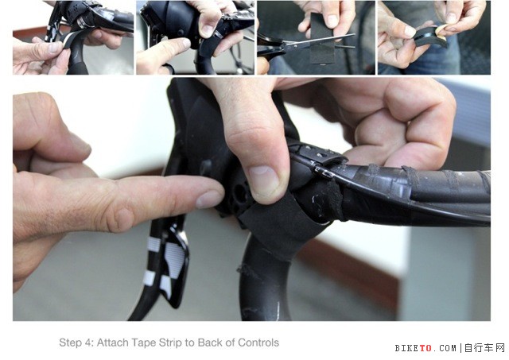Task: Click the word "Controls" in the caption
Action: point(258,343)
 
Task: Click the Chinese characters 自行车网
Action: point(484,348)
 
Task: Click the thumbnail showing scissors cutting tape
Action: point(316,37)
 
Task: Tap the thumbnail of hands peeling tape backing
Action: point(434,37)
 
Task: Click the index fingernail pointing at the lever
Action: point(209,199)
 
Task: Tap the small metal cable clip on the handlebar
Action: point(323,172)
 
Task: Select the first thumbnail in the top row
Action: point(73,37)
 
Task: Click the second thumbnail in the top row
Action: point(195,37)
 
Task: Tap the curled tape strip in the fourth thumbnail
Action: point(428,37)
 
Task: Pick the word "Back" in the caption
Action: point(209,343)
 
